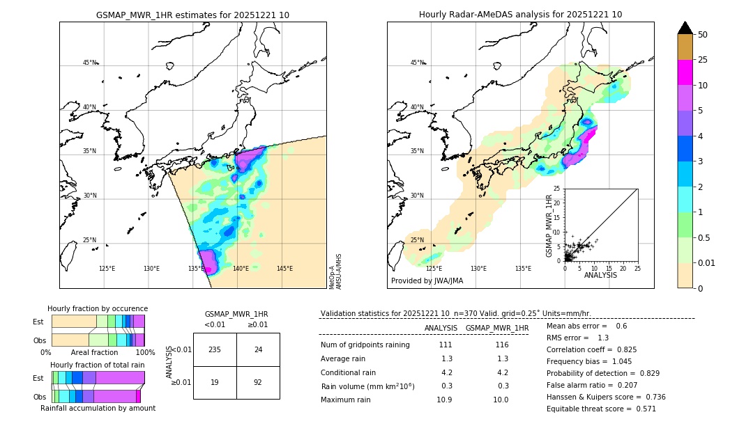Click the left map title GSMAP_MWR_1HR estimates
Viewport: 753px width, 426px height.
[x=192, y=15]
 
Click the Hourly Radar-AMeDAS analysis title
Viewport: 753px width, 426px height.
[x=520, y=15]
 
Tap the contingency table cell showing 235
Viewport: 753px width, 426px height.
[x=215, y=349]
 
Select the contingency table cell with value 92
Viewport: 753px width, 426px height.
[x=258, y=382]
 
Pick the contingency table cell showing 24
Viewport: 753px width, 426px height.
[x=258, y=349]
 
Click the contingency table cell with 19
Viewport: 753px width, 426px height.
[x=215, y=382]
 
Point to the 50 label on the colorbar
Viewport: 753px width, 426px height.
[x=703, y=35]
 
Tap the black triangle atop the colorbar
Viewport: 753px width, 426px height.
[x=685, y=28]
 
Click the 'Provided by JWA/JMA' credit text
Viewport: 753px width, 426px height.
[x=427, y=281]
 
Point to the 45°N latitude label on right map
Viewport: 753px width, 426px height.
[x=416, y=63]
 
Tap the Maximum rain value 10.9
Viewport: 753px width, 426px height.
[x=444, y=400]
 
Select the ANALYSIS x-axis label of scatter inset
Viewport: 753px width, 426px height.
[x=600, y=275]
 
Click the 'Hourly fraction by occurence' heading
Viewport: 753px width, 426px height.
[x=98, y=308]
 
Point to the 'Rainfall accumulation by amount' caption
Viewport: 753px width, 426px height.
[x=98, y=409]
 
